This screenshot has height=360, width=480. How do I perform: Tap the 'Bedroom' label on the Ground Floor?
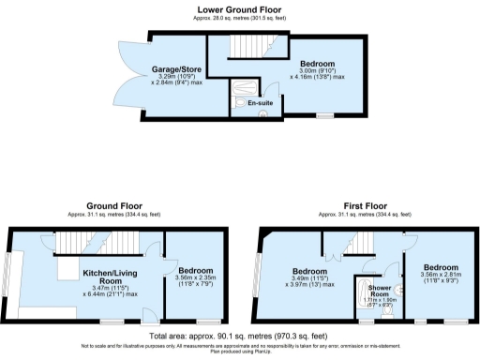(x=197, y=270)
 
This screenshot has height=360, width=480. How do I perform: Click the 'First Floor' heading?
(x=364, y=203)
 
